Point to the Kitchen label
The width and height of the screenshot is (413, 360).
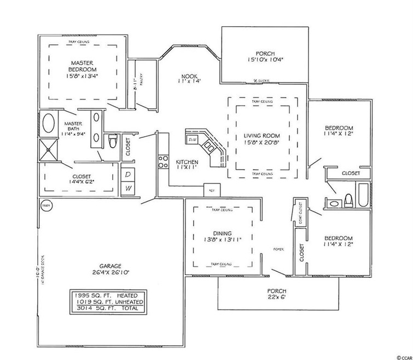tap(186, 162)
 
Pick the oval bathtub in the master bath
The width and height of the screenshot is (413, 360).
tap(49, 124)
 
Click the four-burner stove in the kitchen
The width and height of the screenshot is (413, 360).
tap(163, 161)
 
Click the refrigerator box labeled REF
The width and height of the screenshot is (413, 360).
tap(212, 190)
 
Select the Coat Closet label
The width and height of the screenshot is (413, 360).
tap(300, 214)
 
